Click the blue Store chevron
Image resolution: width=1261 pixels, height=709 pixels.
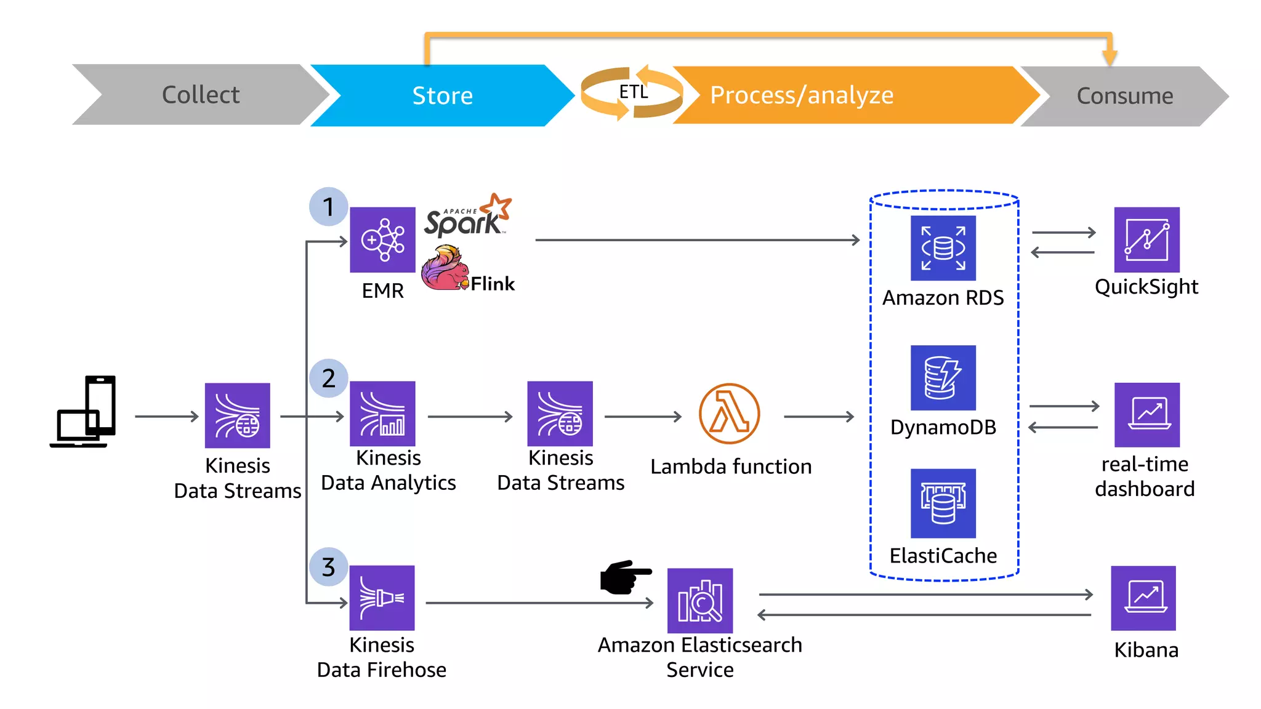442,95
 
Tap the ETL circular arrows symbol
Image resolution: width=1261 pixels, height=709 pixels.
632,93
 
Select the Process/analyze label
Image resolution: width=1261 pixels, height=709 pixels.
801,95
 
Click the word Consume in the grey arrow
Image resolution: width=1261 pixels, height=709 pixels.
1124,96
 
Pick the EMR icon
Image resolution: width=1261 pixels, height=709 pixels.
382,240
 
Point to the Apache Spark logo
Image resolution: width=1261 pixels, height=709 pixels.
467,217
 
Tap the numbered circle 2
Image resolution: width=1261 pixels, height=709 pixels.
329,378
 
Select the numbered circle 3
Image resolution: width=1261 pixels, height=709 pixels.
329,567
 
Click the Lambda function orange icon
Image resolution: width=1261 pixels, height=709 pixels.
729,414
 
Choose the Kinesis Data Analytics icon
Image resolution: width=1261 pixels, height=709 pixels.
382,414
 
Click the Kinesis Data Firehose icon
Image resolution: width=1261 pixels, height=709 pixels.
382,598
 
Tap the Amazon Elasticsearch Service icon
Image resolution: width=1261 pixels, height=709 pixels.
700,601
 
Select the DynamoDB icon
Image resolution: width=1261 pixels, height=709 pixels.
943,378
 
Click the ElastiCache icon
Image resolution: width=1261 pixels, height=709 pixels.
943,503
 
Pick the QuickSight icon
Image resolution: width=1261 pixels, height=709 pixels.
1146,240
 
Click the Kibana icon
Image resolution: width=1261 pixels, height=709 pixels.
1143,598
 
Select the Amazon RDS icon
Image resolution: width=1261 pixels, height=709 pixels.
943,248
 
